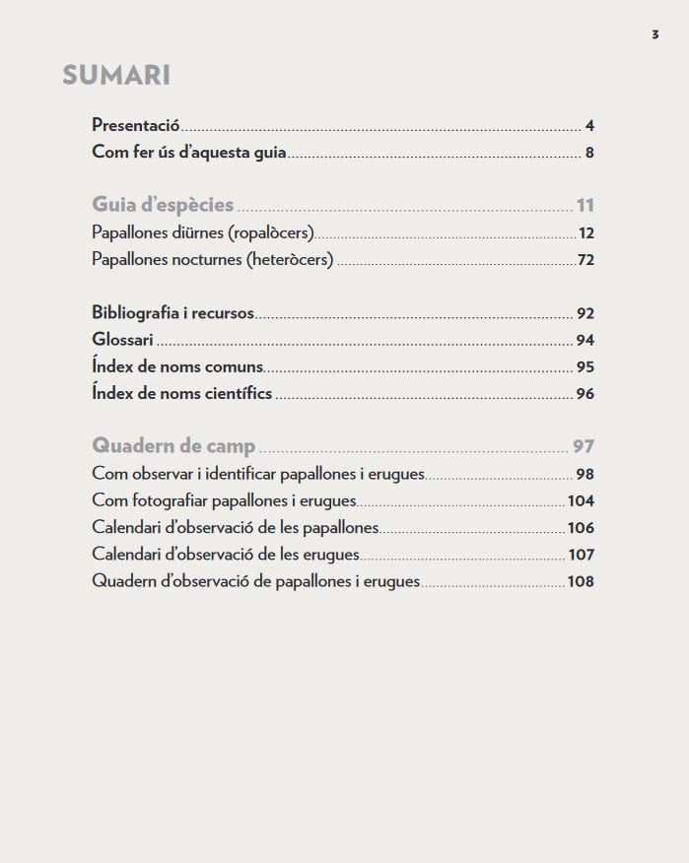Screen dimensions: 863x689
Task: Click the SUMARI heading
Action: click(116, 75)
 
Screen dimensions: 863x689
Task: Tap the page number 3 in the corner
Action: click(655, 34)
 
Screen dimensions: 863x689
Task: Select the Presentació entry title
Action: click(136, 125)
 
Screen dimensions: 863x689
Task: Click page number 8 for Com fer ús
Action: click(589, 153)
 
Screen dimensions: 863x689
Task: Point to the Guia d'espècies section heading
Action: click(163, 205)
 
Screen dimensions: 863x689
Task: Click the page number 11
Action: click(586, 206)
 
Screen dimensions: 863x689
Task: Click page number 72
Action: click(586, 260)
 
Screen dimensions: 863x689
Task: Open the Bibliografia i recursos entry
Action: click(172, 313)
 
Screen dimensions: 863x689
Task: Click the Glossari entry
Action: click(122, 340)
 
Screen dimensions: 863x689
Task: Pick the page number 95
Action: click(586, 367)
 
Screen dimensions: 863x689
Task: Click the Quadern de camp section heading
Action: click(173, 445)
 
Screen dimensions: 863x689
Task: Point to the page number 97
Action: click(584, 446)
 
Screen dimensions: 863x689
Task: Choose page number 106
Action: click(581, 528)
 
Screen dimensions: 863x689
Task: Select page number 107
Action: click(581, 555)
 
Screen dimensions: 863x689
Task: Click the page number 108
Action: click(581, 581)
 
